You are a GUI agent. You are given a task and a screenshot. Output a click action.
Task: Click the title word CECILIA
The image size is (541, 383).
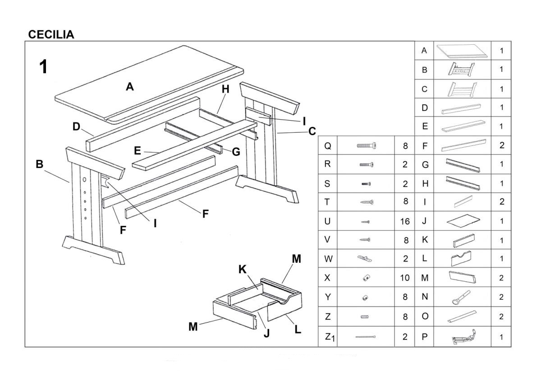51,35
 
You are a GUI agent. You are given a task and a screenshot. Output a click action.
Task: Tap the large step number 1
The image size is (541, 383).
43,67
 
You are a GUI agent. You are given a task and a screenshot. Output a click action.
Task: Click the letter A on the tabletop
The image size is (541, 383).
130,87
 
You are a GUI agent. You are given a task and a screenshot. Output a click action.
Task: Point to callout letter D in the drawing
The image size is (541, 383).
77,127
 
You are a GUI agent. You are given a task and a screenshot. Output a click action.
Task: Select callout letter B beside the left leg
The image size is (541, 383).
40,164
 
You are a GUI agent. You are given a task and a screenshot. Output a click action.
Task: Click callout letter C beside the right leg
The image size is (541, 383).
312,131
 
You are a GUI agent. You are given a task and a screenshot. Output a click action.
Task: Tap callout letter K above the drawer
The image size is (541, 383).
242,270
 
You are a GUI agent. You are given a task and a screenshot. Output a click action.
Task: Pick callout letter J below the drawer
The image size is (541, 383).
266,333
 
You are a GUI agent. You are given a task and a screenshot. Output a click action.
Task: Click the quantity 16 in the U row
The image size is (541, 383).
404,221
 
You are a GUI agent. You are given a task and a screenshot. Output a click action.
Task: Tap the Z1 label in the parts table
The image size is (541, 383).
330,336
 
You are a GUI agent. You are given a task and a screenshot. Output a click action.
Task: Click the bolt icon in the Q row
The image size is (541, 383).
366,145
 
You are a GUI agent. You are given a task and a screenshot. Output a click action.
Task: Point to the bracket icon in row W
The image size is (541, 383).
366,259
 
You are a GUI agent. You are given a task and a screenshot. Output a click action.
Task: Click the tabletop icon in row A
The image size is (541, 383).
462,51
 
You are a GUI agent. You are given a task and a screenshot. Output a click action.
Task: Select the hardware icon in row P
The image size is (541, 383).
463,337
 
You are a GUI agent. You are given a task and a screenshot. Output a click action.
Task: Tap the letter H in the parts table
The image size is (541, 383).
424,183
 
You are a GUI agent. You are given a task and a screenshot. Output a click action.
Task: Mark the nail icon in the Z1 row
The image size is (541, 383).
366,337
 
